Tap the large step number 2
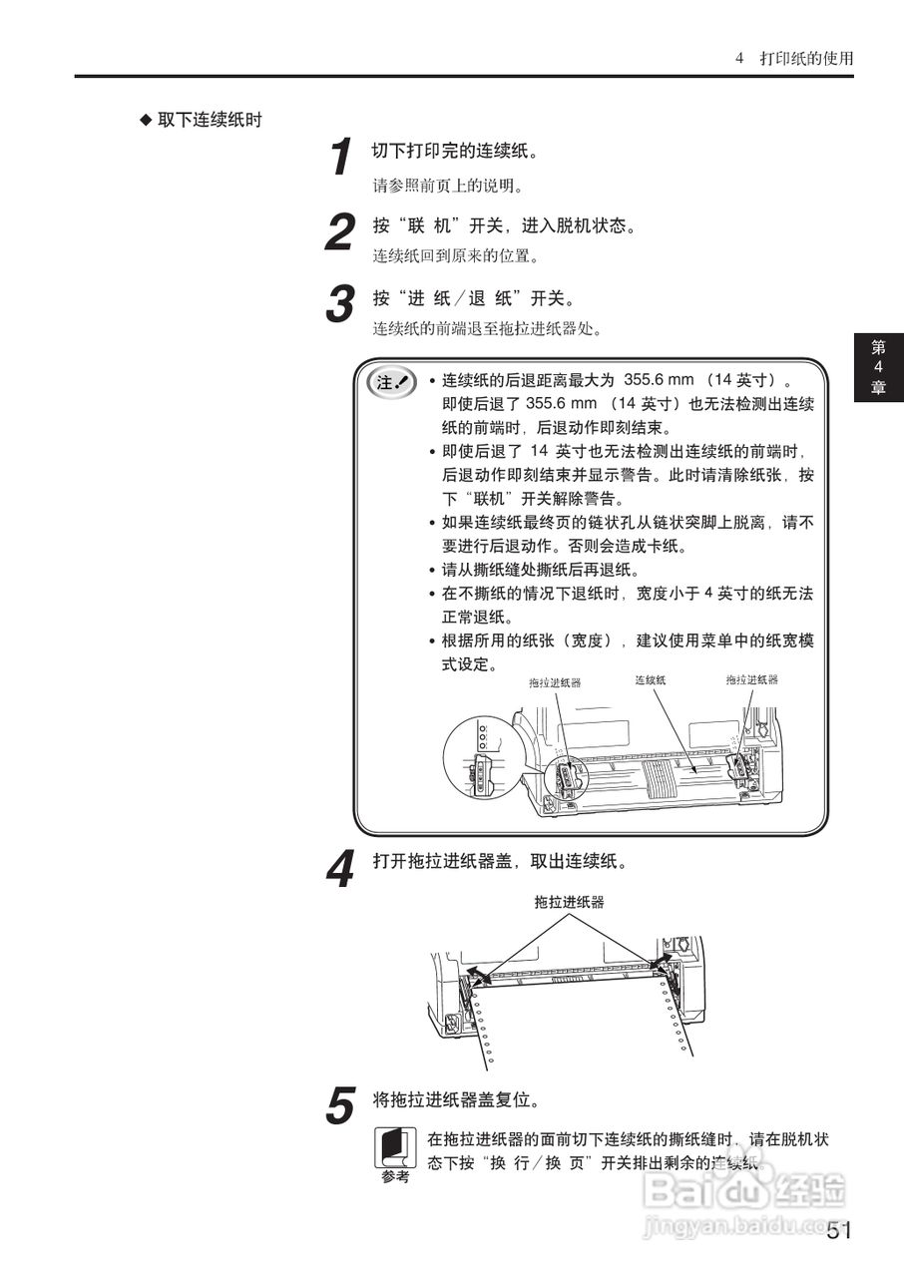click(x=341, y=233)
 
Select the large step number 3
click(x=341, y=304)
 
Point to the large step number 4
click(x=341, y=869)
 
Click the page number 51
click(x=839, y=1231)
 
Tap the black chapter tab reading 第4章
click(x=878, y=367)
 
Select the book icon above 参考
click(x=395, y=1147)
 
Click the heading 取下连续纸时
click(x=210, y=120)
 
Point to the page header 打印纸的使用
click(x=806, y=58)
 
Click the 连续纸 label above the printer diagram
click(x=650, y=679)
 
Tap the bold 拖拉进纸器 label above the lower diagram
click(x=569, y=902)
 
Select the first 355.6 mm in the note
click(x=660, y=380)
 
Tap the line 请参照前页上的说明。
click(x=448, y=186)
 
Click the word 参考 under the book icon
click(x=395, y=1178)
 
